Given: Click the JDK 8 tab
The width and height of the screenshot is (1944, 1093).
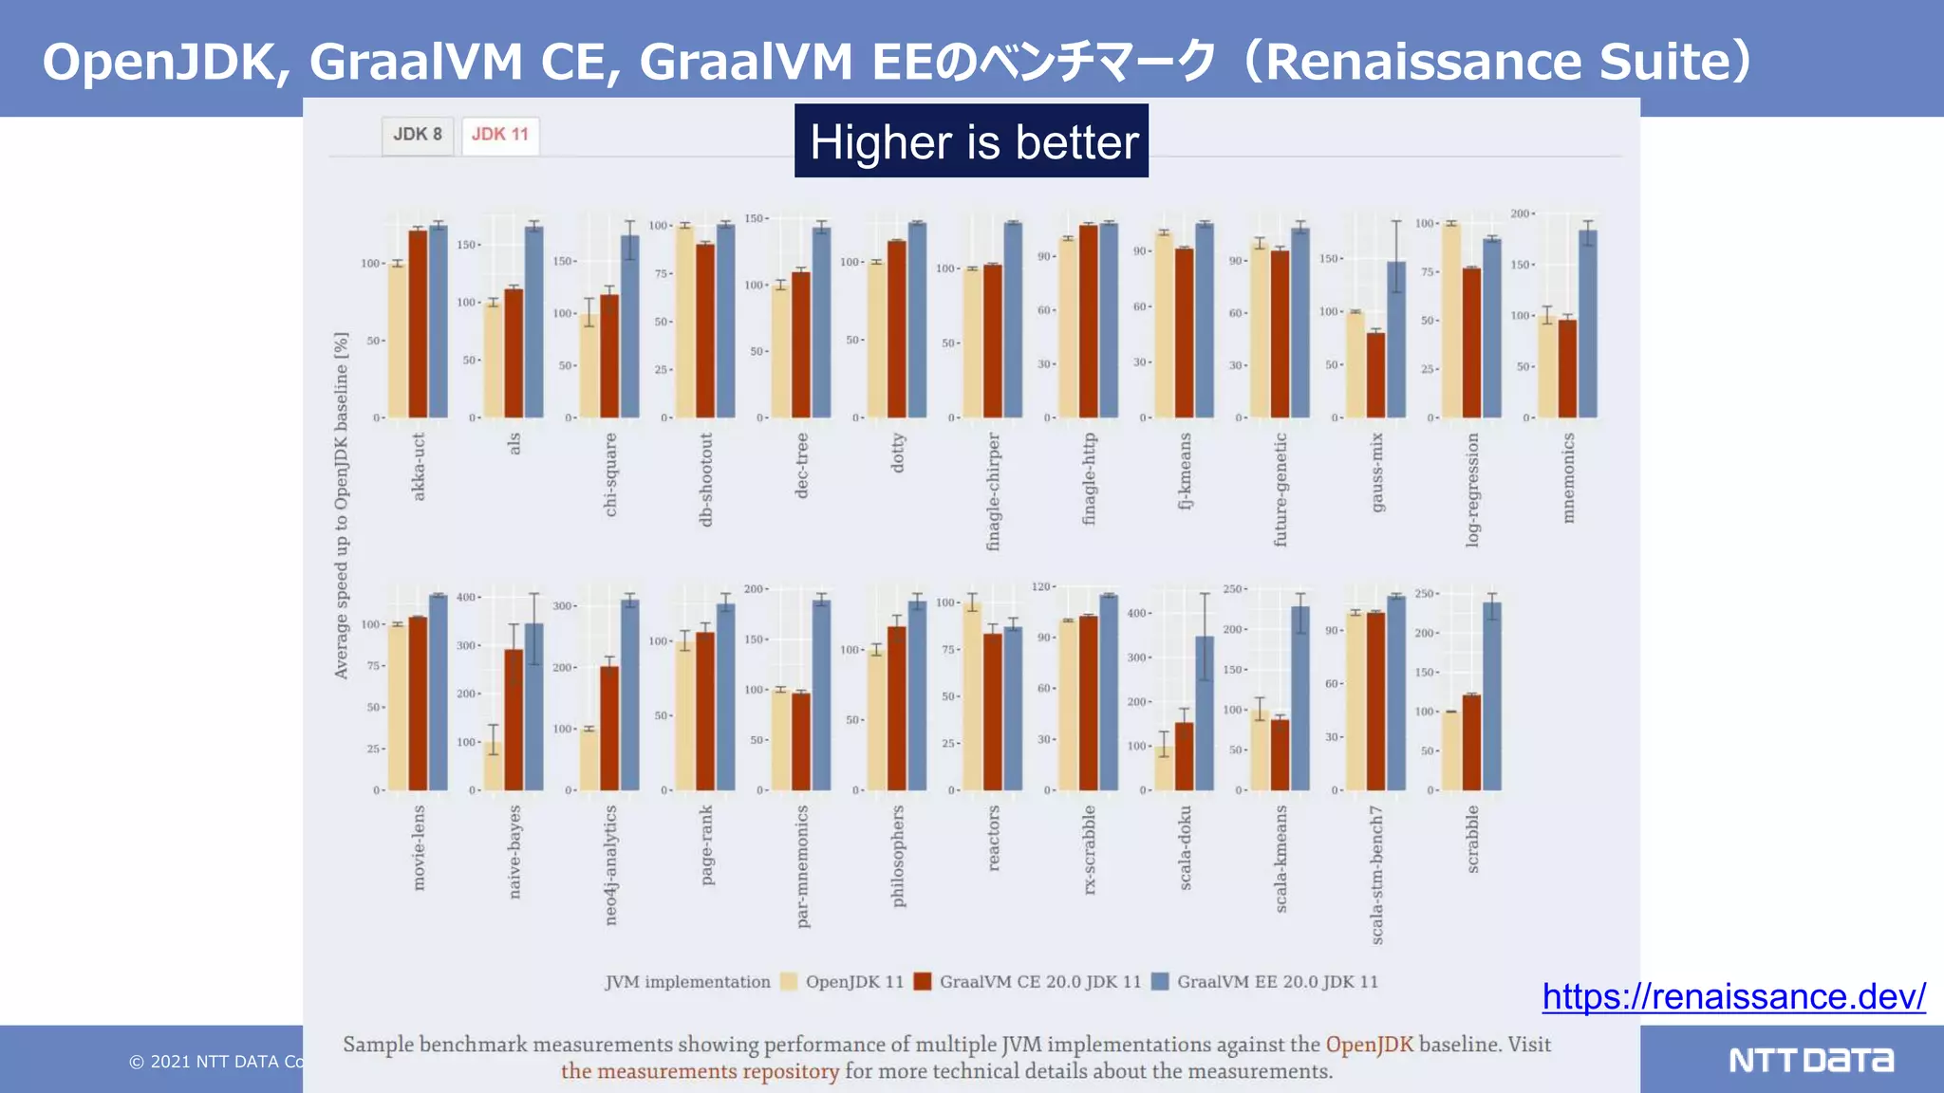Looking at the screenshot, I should click(x=418, y=135).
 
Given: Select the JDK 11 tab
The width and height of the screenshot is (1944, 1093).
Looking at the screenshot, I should click(x=500, y=135).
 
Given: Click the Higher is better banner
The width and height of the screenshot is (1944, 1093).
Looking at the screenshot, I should click(x=971, y=141).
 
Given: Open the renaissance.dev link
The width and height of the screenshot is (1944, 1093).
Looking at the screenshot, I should click(x=1733, y=996).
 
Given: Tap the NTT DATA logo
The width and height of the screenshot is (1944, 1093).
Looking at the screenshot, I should click(x=1810, y=1060).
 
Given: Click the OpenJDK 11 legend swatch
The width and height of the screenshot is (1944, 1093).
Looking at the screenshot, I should click(x=789, y=982).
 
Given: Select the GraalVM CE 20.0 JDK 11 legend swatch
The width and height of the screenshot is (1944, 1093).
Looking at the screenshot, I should click(x=923, y=982).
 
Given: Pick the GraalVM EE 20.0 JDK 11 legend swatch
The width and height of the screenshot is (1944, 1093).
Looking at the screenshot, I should click(x=1160, y=982).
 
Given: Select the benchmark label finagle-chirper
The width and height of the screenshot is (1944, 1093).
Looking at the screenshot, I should click(x=994, y=491).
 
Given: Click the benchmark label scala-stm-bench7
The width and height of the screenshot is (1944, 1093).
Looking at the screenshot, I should click(x=1377, y=874).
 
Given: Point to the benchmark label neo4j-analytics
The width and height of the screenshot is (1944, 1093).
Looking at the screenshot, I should click(x=610, y=864).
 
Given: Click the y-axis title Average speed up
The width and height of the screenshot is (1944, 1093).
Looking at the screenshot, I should click(x=342, y=505).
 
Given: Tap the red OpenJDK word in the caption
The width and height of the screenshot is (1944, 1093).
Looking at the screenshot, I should click(x=1369, y=1045).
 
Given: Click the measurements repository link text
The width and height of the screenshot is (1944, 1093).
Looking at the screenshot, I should click(x=700, y=1071).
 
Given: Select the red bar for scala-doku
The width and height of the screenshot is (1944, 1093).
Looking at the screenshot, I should click(x=1185, y=756).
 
